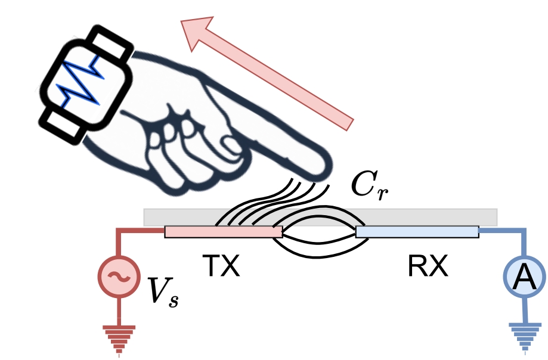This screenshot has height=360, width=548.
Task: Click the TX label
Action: click(x=221, y=266)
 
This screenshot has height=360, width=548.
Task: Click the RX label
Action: click(x=428, y=266)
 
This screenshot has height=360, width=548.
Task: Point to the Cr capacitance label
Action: click(x=370, y=186)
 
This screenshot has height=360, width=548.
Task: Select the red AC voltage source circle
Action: click(x=119, y=277)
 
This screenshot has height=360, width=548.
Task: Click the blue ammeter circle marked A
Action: click(x=524, y=277)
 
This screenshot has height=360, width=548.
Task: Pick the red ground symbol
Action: click(x=119, y=339)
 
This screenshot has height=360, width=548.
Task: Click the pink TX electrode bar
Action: click(x=224, y=232)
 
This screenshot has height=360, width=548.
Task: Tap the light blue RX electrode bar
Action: click(x=417, y=232)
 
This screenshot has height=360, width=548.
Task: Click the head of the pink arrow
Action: click(x=198, y=32)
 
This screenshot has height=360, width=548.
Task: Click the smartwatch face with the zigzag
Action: click(x=86, y=84)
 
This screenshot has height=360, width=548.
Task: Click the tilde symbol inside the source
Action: click(x=119, y=277)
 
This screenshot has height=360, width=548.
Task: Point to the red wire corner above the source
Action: click(x=119, y=231)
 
